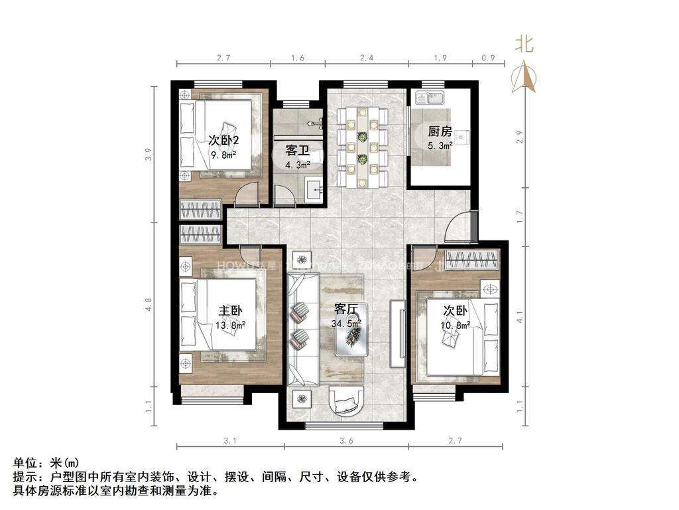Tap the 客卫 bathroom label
(x=298, y=150)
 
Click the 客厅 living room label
(x=347, y=309)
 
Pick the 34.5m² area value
(x=347, y=323)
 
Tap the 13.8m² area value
(x=232, y=325)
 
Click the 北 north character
(x=525, y=45)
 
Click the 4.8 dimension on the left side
(x=149, y=305)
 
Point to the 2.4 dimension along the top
(x=366, y=58)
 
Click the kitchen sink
(x=430, y=99)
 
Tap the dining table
(x=362, y=146)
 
